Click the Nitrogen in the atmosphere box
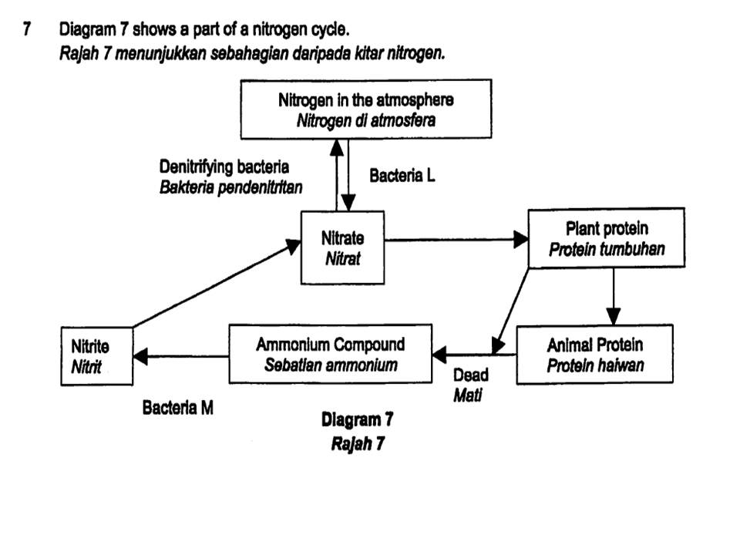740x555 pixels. (365, 109)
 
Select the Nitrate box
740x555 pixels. (342, 247)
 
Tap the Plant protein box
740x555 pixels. (606, 239)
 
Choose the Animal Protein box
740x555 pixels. (594, 354)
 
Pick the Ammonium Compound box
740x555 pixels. (330, 354)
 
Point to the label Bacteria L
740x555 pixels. (402, 176)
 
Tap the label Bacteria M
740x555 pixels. (177, 408)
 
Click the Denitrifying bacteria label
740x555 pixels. (224, 166)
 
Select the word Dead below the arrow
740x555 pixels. (470, 375)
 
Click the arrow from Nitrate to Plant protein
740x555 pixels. (455, 240)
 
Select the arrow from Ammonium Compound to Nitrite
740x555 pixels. (180, 356)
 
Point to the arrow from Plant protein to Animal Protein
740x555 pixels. (613, 297)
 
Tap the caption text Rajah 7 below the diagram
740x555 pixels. (357, 444)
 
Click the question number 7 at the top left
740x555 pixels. (27, 30)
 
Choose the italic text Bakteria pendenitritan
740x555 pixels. (230, 187)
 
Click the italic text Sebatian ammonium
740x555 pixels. (331, 365)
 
